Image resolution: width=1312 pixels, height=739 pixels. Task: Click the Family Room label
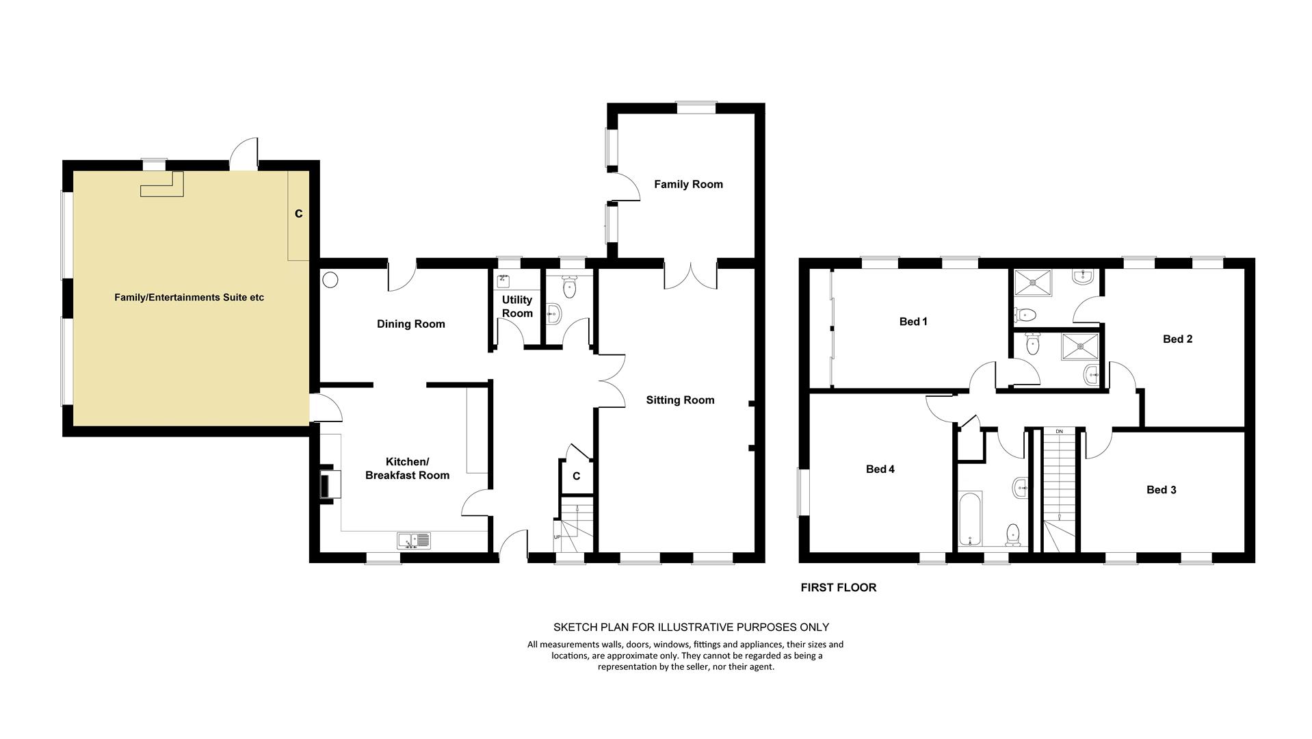[688, 184]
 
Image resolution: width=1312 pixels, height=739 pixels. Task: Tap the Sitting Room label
[680, 400]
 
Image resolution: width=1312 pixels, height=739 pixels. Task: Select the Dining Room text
[411, 324]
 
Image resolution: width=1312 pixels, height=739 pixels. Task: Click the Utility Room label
[517, 307]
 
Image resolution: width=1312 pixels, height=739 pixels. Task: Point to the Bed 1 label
[913, 322]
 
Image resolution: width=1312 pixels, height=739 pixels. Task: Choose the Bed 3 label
[1162, 490]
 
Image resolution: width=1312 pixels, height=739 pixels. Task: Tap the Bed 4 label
[880, 469]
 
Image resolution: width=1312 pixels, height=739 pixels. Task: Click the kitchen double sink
[414, 541]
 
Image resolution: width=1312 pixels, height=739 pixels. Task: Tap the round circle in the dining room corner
[331, 280]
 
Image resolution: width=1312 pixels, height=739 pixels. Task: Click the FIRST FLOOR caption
[839, 588]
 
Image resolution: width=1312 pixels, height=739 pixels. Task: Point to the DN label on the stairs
[1060, 432]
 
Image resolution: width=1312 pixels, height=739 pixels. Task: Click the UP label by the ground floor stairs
[557, 537]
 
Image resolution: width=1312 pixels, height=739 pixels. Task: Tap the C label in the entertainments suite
[298, 214]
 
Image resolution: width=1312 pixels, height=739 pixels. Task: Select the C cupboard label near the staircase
[576, 476]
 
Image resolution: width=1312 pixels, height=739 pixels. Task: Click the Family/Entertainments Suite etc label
[189, 298]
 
